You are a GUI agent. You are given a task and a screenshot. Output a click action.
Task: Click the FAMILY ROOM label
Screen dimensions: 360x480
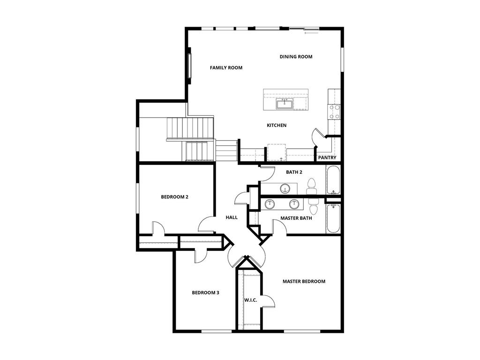click(226, 68)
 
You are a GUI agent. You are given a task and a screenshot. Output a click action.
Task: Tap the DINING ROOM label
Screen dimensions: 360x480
click(296, 57)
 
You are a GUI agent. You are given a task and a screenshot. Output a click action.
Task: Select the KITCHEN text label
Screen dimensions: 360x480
click(277, 125)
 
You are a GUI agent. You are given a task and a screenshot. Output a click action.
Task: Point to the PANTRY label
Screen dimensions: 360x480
click(327, 157)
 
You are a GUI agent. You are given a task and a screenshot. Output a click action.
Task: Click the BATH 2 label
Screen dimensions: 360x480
click(294, 172)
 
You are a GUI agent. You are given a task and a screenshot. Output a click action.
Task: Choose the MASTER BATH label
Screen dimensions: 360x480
click(296, 218)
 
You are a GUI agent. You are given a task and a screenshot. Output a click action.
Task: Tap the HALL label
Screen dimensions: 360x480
click(232, 217)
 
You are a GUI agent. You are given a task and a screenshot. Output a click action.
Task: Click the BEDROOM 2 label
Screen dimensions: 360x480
click(174, 197)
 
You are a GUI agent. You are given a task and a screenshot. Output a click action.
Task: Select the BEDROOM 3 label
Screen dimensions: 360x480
click(205, 292)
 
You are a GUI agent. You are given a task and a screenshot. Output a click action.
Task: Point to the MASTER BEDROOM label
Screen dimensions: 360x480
click(304, 281)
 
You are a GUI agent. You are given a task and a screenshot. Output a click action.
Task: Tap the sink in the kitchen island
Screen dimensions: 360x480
click(285, 104)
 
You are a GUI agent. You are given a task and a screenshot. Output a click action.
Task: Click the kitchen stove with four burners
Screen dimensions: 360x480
click(334, 111)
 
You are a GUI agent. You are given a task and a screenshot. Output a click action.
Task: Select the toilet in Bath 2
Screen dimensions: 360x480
click(311, 187)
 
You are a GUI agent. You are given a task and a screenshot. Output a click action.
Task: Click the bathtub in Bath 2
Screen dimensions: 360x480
click(333, 180)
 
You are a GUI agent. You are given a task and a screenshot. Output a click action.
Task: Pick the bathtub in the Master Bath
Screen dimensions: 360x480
click(333, 218)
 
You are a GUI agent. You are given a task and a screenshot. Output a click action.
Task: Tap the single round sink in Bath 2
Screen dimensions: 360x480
click(285, 189)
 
